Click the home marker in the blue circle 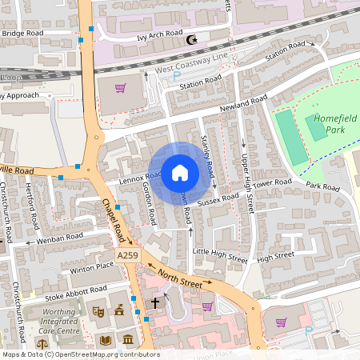click(180, 172)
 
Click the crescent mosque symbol click(190, 40)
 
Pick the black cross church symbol click(156, 303)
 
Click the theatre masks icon click(98, 311)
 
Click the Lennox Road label click(131, 178)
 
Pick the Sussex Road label click(220, 197)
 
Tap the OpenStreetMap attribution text click(80, 354)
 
